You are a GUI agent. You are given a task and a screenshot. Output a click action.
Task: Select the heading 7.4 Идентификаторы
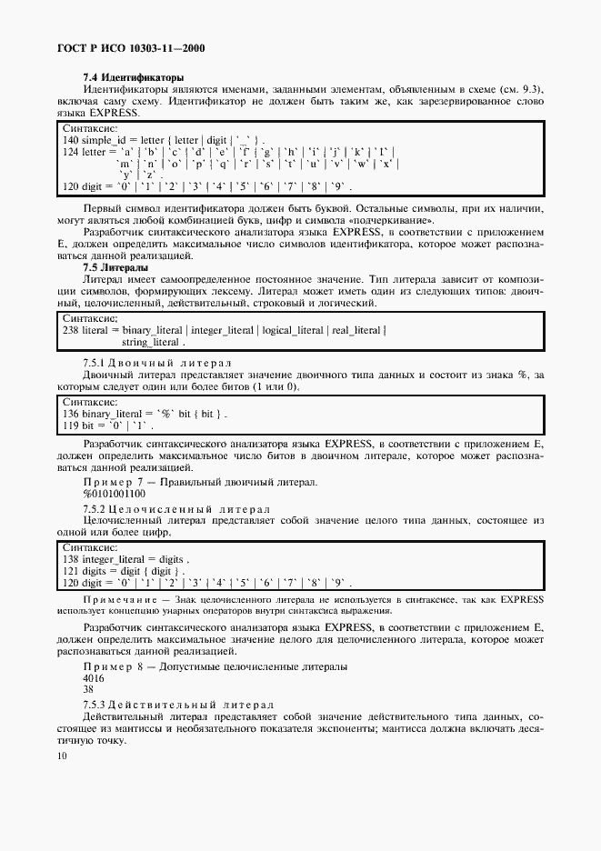[133, 78]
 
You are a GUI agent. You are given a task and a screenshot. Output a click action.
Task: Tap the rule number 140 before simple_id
[69, 142]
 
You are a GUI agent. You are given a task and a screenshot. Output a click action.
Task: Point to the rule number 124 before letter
[69, 152]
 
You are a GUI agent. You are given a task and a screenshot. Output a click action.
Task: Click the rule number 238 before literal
[69, 331]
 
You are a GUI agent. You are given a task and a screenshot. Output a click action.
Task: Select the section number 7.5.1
[97, 363]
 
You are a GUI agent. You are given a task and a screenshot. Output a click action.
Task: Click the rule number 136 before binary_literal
[69, 414]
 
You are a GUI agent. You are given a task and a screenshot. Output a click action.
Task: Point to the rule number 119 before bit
[69, 425]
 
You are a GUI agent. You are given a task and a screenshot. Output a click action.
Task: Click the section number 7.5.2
[97, 507]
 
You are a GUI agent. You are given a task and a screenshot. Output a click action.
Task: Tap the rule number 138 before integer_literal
[69, 558]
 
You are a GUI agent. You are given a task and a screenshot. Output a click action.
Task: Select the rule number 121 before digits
[69, 570]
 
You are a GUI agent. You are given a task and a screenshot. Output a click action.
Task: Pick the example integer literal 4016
[93, 678]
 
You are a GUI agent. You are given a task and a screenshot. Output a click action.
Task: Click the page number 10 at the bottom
[61, 756]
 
